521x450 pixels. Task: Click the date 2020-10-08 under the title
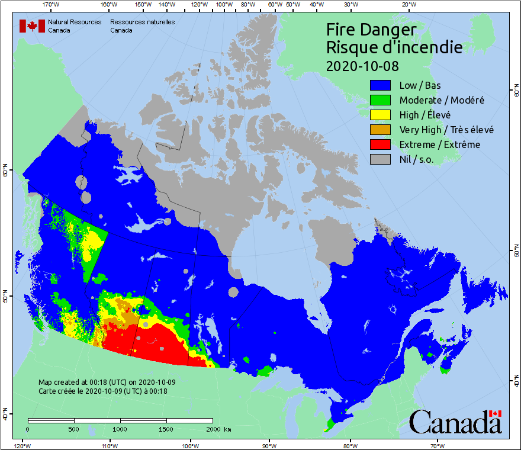362,65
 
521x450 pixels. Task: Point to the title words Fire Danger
371,30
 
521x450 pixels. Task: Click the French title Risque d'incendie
394,47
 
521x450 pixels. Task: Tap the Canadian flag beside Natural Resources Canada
32,26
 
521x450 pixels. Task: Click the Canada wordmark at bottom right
455,422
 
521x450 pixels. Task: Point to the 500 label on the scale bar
73,429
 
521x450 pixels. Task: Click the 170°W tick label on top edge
51,5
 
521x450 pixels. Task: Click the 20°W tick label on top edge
408,5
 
